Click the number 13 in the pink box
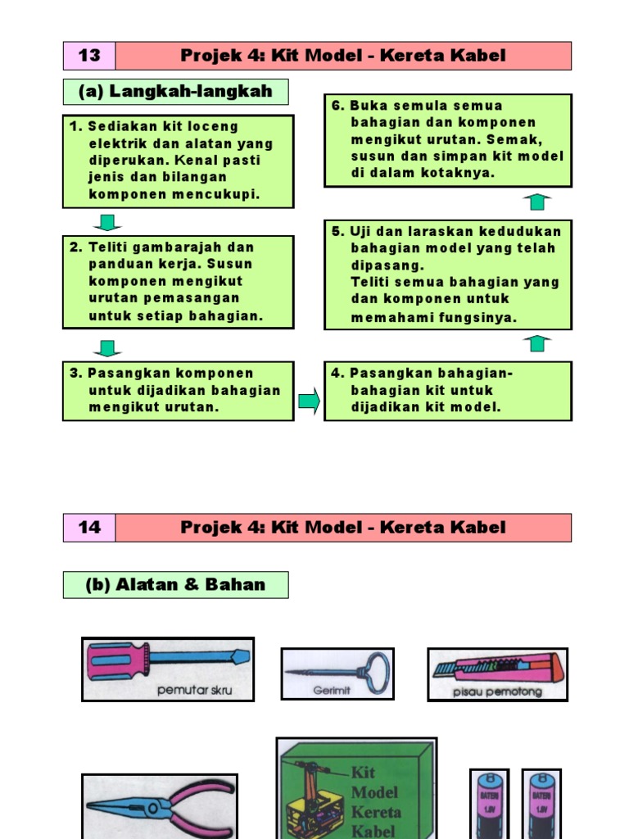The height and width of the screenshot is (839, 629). [x=89, y=56]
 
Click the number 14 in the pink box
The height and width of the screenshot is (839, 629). [x=89, y=528]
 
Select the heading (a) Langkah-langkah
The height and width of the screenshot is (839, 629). [x=175, y=92]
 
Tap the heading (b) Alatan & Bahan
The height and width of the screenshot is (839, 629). [x=175, y=585]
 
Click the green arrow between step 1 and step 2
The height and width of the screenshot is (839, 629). [x=107, y=222]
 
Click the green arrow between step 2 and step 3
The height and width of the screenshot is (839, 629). [x=107, y=348]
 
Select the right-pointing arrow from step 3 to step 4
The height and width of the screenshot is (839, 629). [x=309, y=401]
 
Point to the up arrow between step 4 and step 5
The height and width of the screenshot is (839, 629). [x=537, y=342]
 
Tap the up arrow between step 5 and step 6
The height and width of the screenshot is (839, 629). [x=537, y=201]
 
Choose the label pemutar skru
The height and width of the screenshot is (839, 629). [x=195, y=690]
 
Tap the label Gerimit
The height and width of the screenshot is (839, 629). [x=332, y=691]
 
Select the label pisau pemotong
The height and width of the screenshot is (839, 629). [x=497, y=692]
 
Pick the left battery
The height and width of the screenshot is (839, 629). [x=490, y=804]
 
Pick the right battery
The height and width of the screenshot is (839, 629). [x=541, y=804]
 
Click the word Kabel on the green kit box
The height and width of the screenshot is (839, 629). [x=373, y=831]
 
